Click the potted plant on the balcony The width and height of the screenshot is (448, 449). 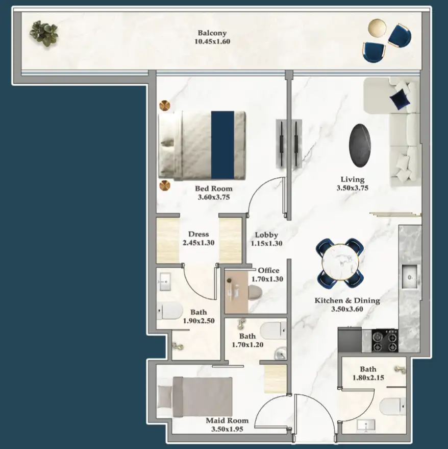point(43,33)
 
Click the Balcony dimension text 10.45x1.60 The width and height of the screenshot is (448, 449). point(212,41)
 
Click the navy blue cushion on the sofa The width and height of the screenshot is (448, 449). point(400,98)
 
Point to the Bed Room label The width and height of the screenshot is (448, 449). point(213,188)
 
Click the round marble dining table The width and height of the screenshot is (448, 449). point(340,261)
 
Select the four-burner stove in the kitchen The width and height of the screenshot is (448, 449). point(385,341)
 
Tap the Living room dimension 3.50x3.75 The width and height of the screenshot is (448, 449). point(352,187)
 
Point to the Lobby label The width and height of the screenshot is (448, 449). point(266,235)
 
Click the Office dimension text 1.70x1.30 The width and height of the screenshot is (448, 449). point(268,279)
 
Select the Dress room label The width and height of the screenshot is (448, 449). point(198,234)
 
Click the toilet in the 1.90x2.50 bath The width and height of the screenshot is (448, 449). point(170,310)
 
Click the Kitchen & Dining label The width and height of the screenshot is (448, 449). point(347,300)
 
